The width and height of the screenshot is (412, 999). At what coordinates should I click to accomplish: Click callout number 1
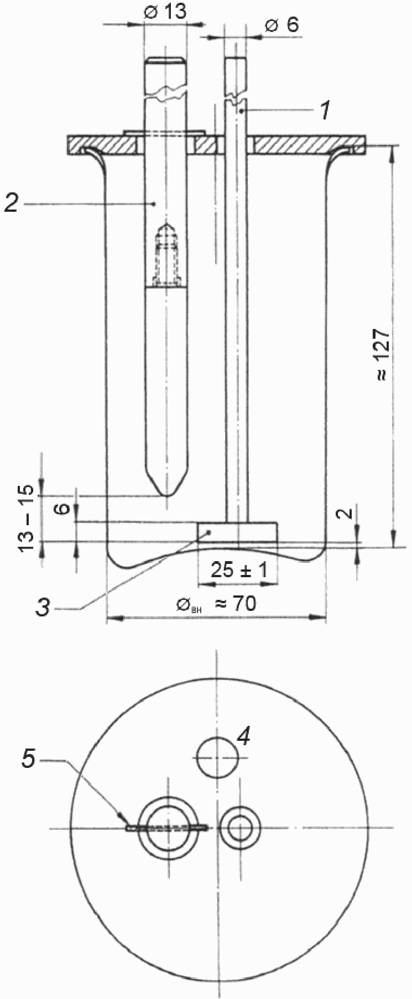coord(326,111)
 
